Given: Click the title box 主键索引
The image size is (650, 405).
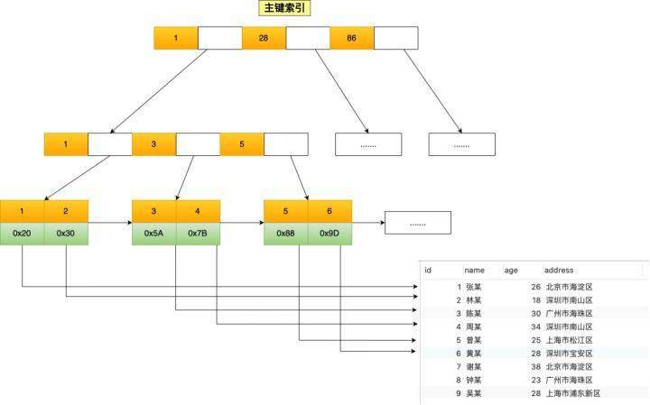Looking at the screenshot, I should click(x=285, y=8).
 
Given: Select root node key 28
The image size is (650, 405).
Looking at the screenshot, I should click(x=264, y=38).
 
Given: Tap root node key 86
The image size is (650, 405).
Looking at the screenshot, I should click(x=351, y=38).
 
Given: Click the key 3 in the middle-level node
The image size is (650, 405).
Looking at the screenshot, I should click(x=153, y=144).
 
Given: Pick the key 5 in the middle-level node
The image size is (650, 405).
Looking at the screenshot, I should click(x=242, y=144).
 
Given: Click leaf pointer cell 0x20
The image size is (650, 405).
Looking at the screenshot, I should click(x=22, y=234).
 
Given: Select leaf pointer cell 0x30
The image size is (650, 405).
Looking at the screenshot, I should click(x=66, y=234).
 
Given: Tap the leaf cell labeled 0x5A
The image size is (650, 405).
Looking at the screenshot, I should click(x=153, y=234).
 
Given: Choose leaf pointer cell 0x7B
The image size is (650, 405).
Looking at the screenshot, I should click(x=198, y=234).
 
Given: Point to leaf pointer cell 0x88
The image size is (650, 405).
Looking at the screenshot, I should click(x=285, y=234).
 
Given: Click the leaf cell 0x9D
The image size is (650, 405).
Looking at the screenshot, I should click(x=330, y=234).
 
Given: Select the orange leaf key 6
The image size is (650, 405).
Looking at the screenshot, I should click(x=330, y=211).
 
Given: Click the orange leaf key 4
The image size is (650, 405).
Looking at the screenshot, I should click(x=198, y=211).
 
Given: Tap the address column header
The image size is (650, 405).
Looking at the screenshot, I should click(x=559, y=270).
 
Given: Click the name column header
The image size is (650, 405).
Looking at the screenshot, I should click(x=475, y=270).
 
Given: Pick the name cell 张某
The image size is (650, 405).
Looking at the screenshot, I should click(x=473, y=287).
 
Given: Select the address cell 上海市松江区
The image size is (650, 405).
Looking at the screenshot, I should click(x=569, y=340).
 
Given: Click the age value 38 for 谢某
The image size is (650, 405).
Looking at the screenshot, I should click(x=535, y=367).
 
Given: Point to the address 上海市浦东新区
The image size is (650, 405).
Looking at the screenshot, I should click(x=572, y=393).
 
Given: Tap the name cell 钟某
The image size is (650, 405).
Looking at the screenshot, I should click(x=473, y=380).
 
